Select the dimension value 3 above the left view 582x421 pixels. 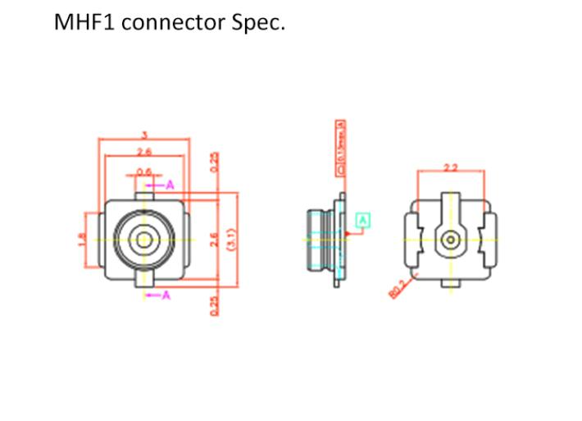point(145,135)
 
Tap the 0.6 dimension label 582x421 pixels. point(144,172)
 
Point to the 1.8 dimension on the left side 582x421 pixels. point(80,241)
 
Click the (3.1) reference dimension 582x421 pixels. point(231,240)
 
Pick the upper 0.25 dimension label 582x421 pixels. point(215,162)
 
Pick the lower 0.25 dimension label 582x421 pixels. point(215,304)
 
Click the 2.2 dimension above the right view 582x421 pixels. point(450,167)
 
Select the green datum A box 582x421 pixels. point(363,219)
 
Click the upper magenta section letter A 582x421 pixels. point(170,185)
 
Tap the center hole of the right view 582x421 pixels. point(450,240)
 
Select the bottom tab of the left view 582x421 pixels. point(145,284)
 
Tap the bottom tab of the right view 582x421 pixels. point(450,283)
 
